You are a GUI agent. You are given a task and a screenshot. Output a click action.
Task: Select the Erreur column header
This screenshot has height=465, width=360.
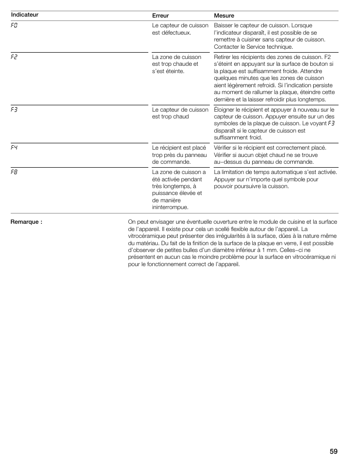[x=160, y=16]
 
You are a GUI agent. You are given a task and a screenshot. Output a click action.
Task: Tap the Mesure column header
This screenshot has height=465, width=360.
[x=224, y=16]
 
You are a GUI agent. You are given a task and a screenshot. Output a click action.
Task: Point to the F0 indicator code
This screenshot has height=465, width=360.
[x=15, y=24]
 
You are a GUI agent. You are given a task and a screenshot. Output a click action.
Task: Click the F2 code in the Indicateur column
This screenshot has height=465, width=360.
[x=15, y=57]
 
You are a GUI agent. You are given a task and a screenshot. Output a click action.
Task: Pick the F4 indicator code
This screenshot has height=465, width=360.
[x=15, y=147]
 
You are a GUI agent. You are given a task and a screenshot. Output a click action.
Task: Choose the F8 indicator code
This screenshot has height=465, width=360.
[x=15, y=172]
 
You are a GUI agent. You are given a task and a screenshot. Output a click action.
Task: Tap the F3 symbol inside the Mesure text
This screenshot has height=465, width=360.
[x=331, y=124]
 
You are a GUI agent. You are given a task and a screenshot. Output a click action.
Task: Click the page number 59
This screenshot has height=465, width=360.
[x=333, y=451]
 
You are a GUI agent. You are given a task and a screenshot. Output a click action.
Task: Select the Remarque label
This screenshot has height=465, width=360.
[x=27, y=222]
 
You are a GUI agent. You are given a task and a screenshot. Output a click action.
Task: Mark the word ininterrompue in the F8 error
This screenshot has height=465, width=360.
[x=170, y=207]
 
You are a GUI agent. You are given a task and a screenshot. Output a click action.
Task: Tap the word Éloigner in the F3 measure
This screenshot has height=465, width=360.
[x=225, y=110]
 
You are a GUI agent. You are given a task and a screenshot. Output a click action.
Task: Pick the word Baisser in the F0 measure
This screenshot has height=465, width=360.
[x=223, y=25]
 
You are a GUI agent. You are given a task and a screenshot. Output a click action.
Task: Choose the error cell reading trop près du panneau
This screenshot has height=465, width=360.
[x=180, y=155]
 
